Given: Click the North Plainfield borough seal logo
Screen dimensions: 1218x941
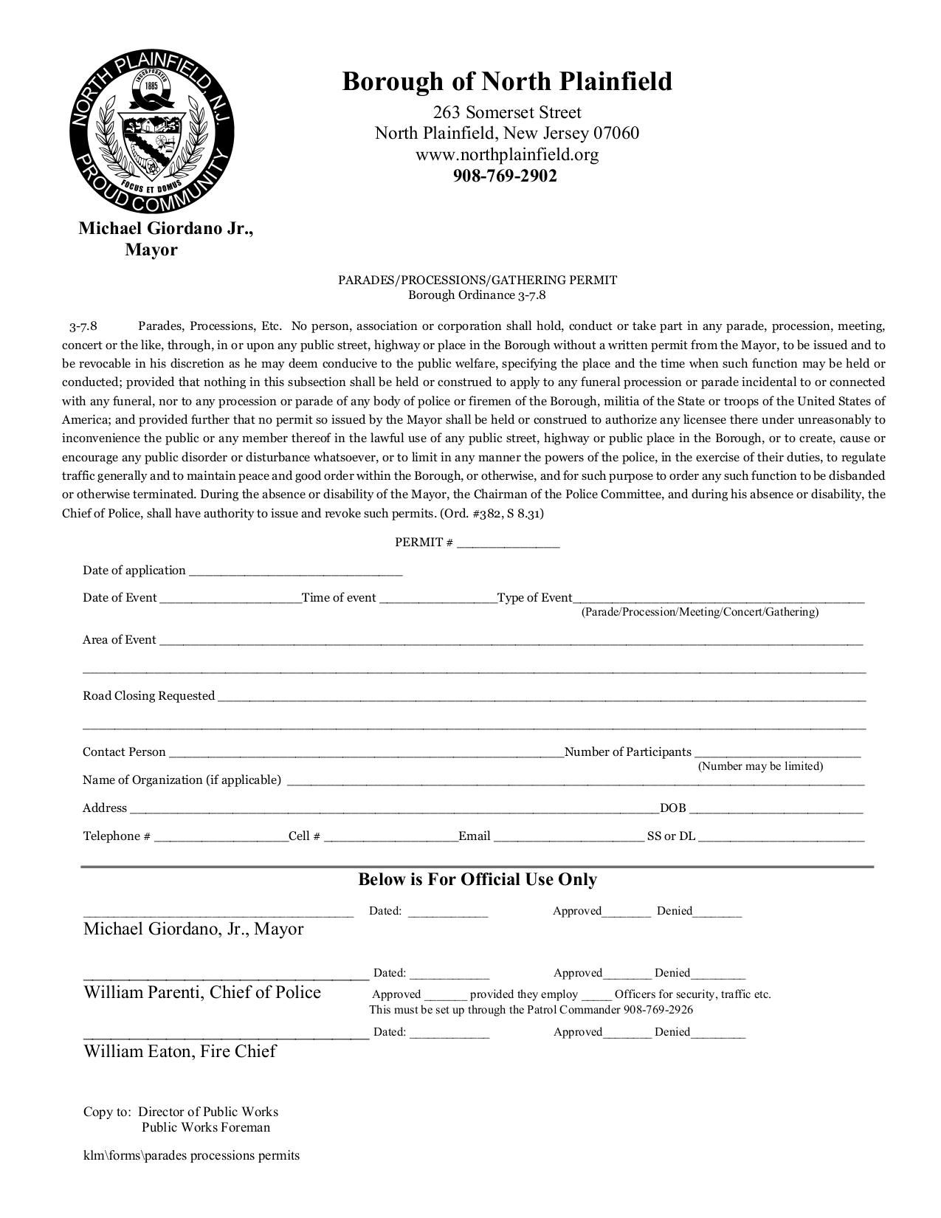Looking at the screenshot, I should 151,131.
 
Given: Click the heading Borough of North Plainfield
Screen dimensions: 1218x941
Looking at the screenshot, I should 507,81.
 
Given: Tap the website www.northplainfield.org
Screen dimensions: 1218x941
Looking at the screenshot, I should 507,155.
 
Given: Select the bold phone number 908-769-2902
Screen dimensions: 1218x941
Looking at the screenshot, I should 505,176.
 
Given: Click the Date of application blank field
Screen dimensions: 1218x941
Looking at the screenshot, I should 295,572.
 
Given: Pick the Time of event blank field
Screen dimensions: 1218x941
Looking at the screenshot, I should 438,600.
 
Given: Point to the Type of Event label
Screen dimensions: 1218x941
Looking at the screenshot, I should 535,598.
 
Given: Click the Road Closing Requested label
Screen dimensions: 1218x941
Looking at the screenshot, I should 148,696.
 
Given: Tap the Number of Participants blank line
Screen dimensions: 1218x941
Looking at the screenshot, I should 777,754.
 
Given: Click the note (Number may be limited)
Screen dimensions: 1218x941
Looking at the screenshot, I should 760,766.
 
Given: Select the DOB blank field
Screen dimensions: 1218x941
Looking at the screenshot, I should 776,810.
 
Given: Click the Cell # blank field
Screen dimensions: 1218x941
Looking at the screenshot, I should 390,838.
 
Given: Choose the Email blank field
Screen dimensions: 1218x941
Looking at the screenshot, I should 568,838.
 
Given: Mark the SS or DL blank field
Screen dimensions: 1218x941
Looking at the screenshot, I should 781,838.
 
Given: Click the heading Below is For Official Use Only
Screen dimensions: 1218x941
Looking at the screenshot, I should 478,879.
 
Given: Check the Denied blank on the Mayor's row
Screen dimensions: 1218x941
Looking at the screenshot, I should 717,913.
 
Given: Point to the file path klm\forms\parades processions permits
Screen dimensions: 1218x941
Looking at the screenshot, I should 191,1155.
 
